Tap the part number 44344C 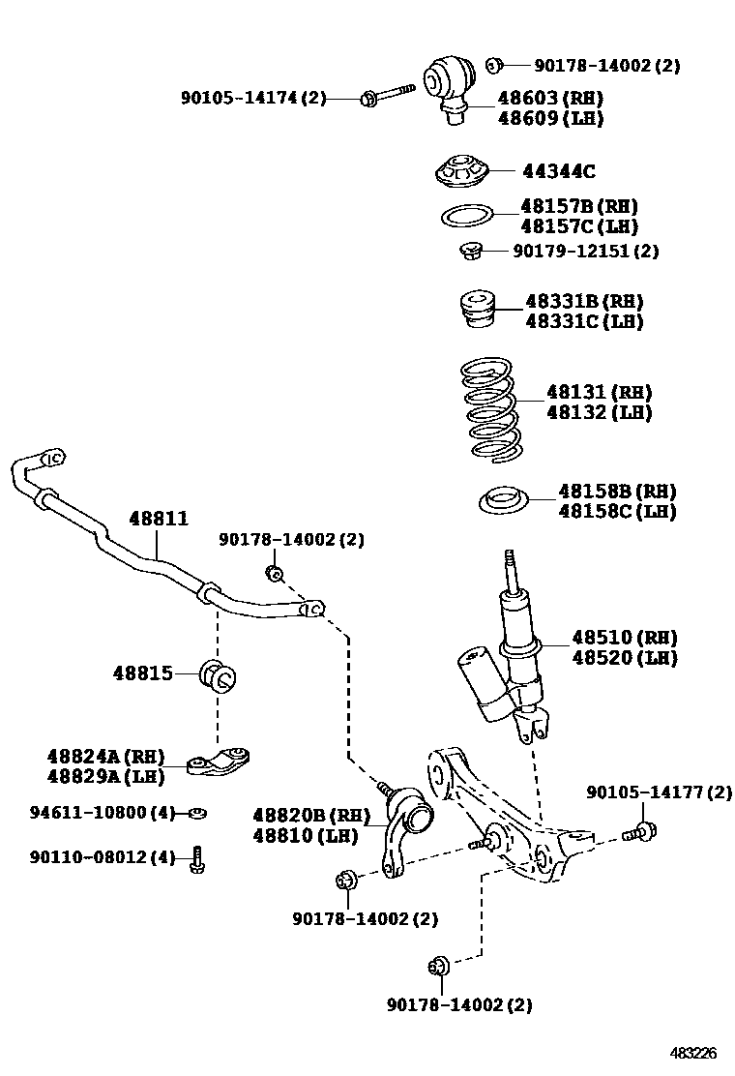(558, 172)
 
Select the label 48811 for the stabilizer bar (159, 520)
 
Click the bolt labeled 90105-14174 (385, 96)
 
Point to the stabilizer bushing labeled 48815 (218, 674)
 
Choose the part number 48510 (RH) (623, 638)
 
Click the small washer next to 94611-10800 (197, 812)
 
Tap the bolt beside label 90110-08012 (197, 858)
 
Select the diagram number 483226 (694, 1052)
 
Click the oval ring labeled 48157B (467, 215)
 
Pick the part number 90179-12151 (585, 251)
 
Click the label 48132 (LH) (599, 413)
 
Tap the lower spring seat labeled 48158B (504, 501)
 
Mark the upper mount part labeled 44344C (460, 173)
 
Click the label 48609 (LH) (550, 118)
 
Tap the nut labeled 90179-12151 (471, 252)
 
